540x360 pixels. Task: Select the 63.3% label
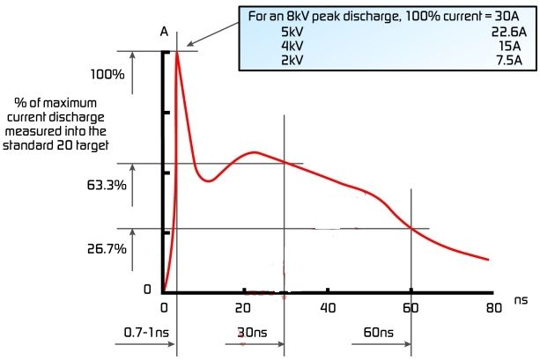point(112,187)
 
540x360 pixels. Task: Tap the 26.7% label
point(112,248)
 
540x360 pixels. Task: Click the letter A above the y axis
point(164,33)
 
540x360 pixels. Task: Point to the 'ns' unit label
point(520,301)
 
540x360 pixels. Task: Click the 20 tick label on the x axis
point(243,308)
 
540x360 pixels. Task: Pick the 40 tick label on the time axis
point(327,308)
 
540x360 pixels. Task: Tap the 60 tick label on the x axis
point(411,308)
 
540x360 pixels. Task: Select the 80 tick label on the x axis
point(493,308)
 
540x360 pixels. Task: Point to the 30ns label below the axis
point(261,334)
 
